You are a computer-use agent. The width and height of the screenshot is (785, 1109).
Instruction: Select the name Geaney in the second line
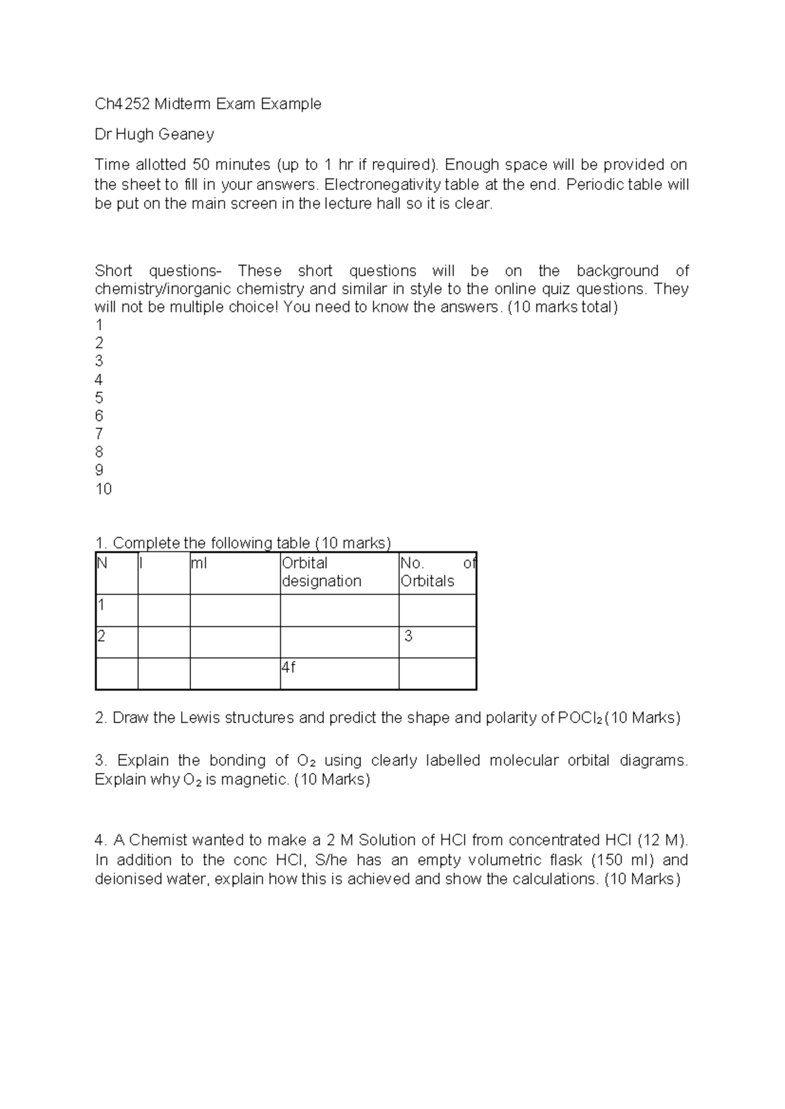[187, 135]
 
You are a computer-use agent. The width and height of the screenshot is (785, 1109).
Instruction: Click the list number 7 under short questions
[99, 434]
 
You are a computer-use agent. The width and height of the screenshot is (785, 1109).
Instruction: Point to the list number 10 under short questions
[103, 489]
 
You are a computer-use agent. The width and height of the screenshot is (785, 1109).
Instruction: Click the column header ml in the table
[199, 563]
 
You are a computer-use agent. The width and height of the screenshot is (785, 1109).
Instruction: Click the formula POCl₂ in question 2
[580, 718]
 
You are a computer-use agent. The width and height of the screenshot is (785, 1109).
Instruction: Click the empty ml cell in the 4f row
[235, 674]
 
